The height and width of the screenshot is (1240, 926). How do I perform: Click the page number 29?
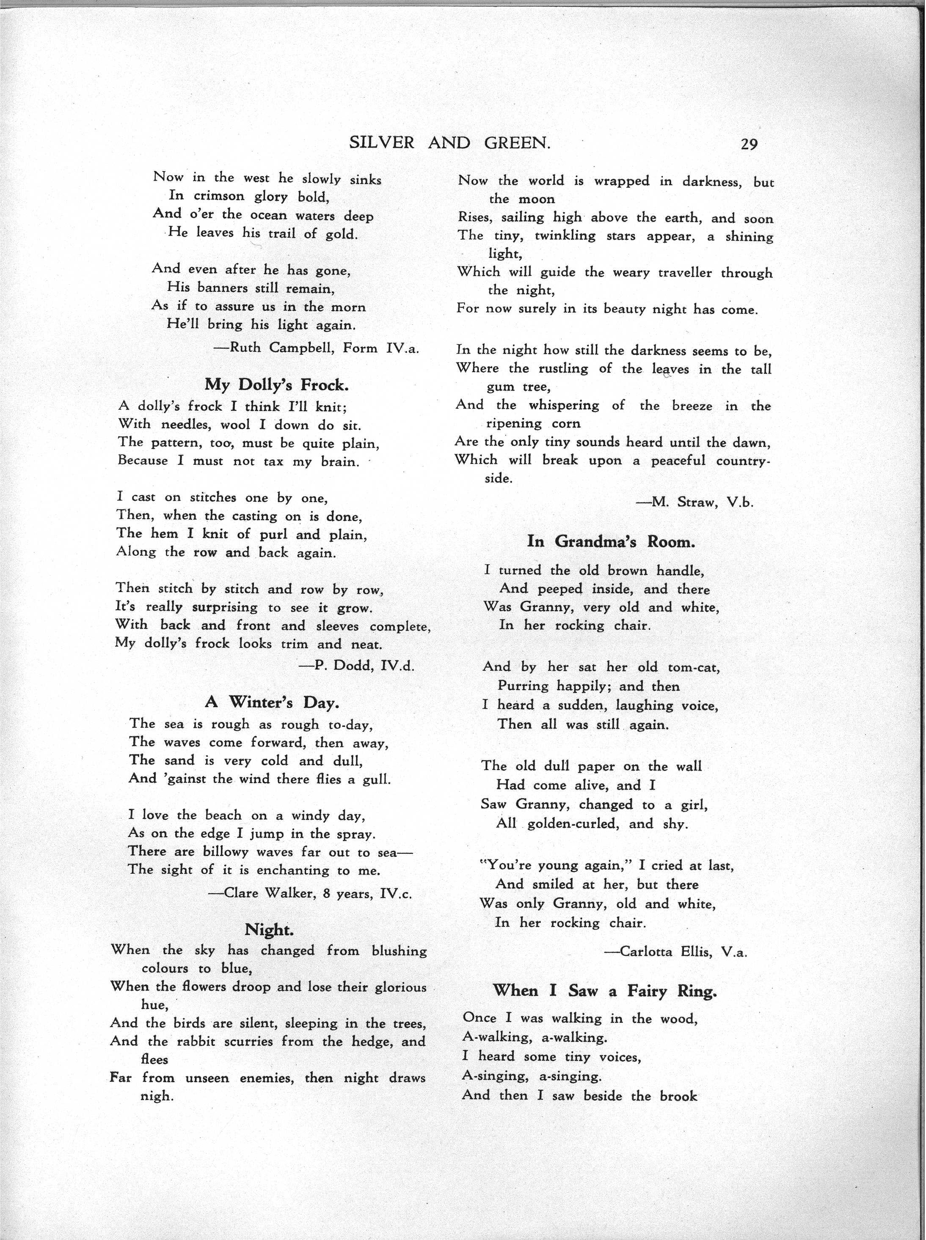[749, 145]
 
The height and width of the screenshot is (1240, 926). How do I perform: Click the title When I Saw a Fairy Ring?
[605, 991]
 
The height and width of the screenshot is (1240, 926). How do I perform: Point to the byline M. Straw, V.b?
[694, 502]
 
